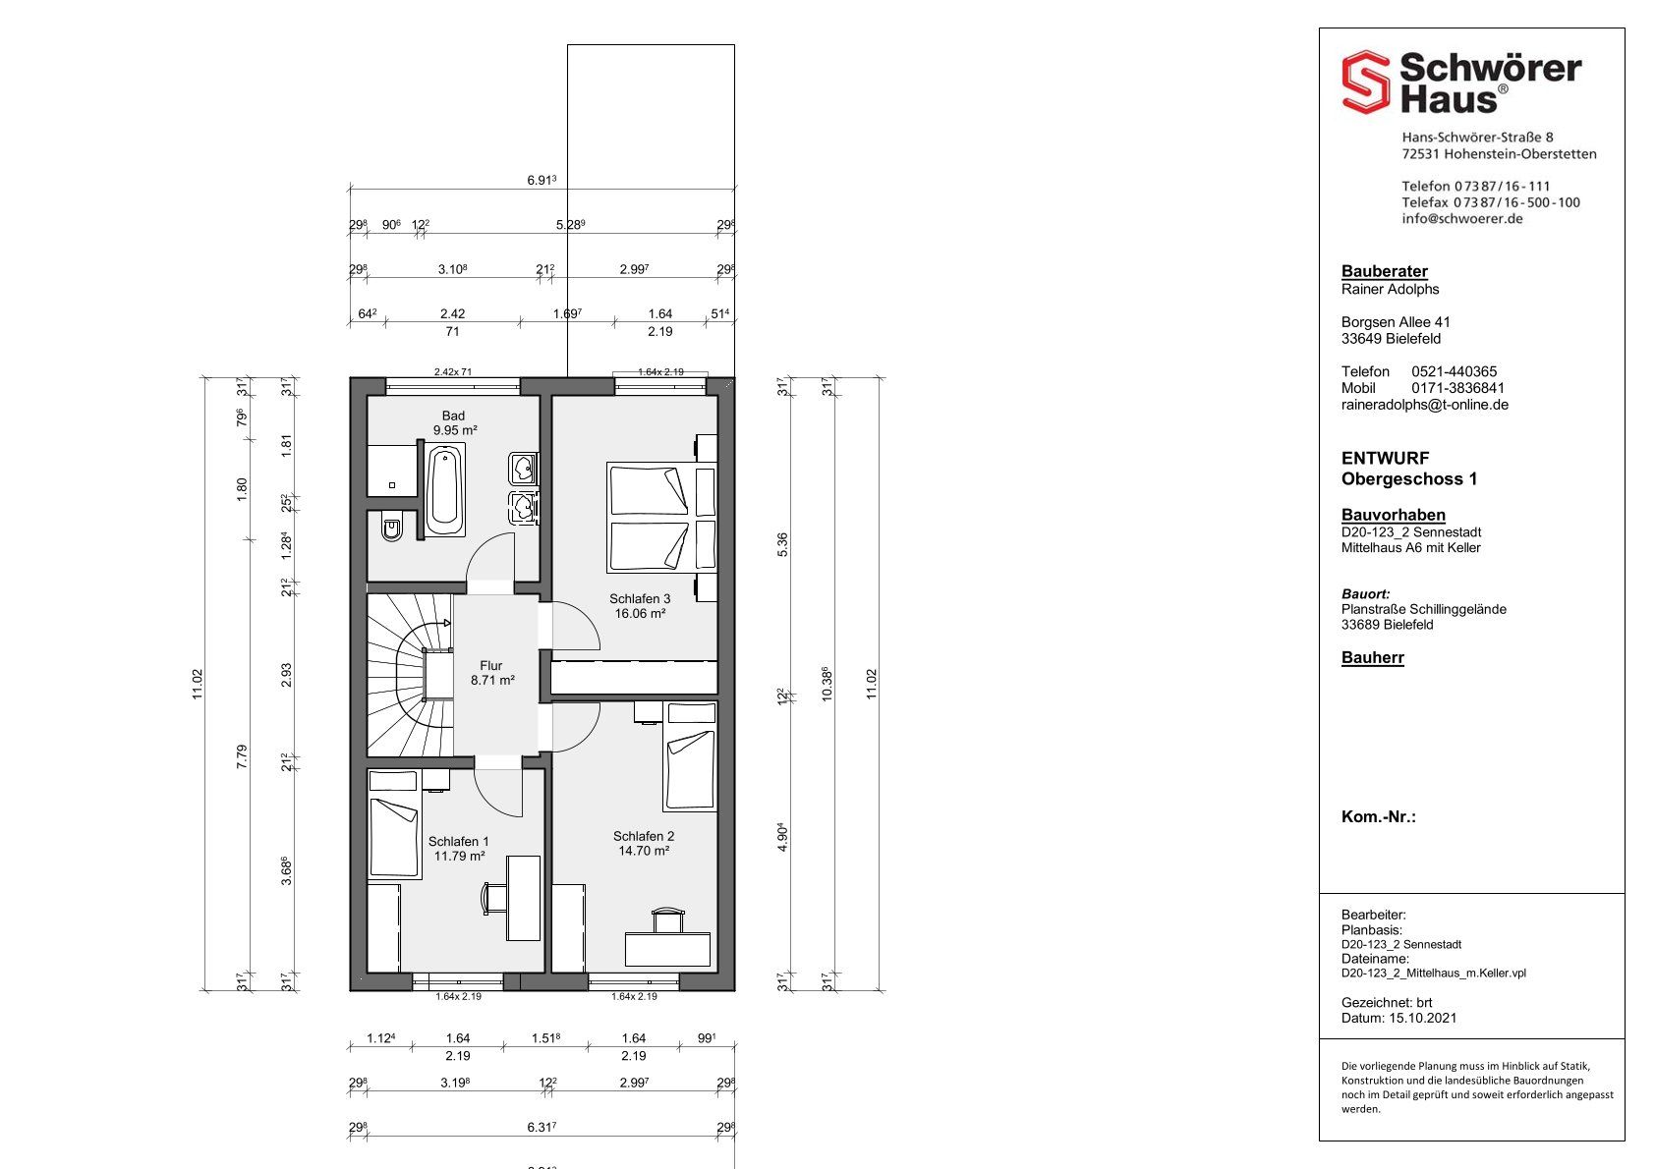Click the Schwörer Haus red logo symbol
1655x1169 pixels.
pos(1365,82)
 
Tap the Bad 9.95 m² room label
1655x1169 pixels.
pos(454,423)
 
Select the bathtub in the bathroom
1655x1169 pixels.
pos(445,489)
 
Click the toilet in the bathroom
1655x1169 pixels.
pos(391,525)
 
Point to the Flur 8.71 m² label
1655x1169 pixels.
pos(492,673)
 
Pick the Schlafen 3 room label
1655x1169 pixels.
pos(640,606)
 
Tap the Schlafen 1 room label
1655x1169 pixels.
pos(459,849)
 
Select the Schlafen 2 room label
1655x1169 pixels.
pos(644,843)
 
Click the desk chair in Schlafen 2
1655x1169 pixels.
pos(668,920)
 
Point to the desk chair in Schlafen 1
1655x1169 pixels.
pos(493,899)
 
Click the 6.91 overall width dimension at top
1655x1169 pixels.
pos(541,180)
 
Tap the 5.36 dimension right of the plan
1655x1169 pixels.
pos(782,545)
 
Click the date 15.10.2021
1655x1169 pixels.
pos(1423,1018)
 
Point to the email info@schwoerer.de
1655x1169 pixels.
pos(1462,219)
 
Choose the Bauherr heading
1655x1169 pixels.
pos(1373,657)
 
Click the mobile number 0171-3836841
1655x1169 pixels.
pos(1457,388)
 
